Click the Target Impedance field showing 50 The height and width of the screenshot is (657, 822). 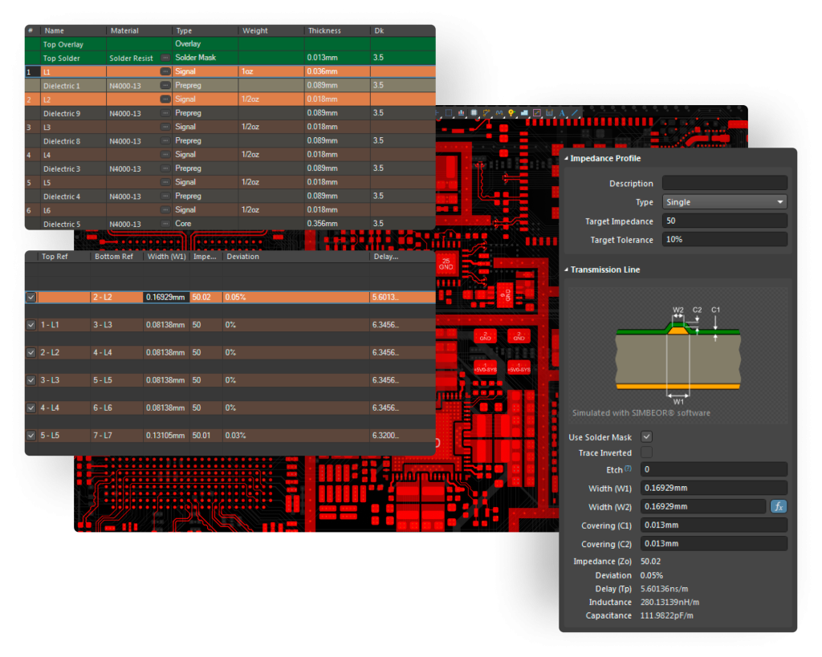[x=724, y=221]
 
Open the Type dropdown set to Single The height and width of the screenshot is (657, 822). [x=724, y=202]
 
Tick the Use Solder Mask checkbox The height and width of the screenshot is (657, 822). [x=646, y=437]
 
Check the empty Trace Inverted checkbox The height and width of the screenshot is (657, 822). [x=646, y=453]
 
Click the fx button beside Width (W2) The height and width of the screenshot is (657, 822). [x=778, y=507]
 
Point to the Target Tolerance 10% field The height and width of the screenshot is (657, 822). [x=724, y=239]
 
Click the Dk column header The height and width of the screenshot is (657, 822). [x=379, y=30]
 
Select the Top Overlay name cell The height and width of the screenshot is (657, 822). [x=64, y=44]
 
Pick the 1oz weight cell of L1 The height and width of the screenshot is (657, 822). [x=249, y=71]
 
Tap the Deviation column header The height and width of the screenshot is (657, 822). [x=242, y=257]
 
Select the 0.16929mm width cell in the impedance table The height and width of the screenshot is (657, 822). [x=166, y=298]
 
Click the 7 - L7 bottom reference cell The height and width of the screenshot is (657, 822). [x=106, y=436]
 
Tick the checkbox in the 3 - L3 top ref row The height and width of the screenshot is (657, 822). [x=31, y=380]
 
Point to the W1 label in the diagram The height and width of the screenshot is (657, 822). [x=678, y=400]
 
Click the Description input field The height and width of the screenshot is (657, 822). [x=724, y=184]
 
